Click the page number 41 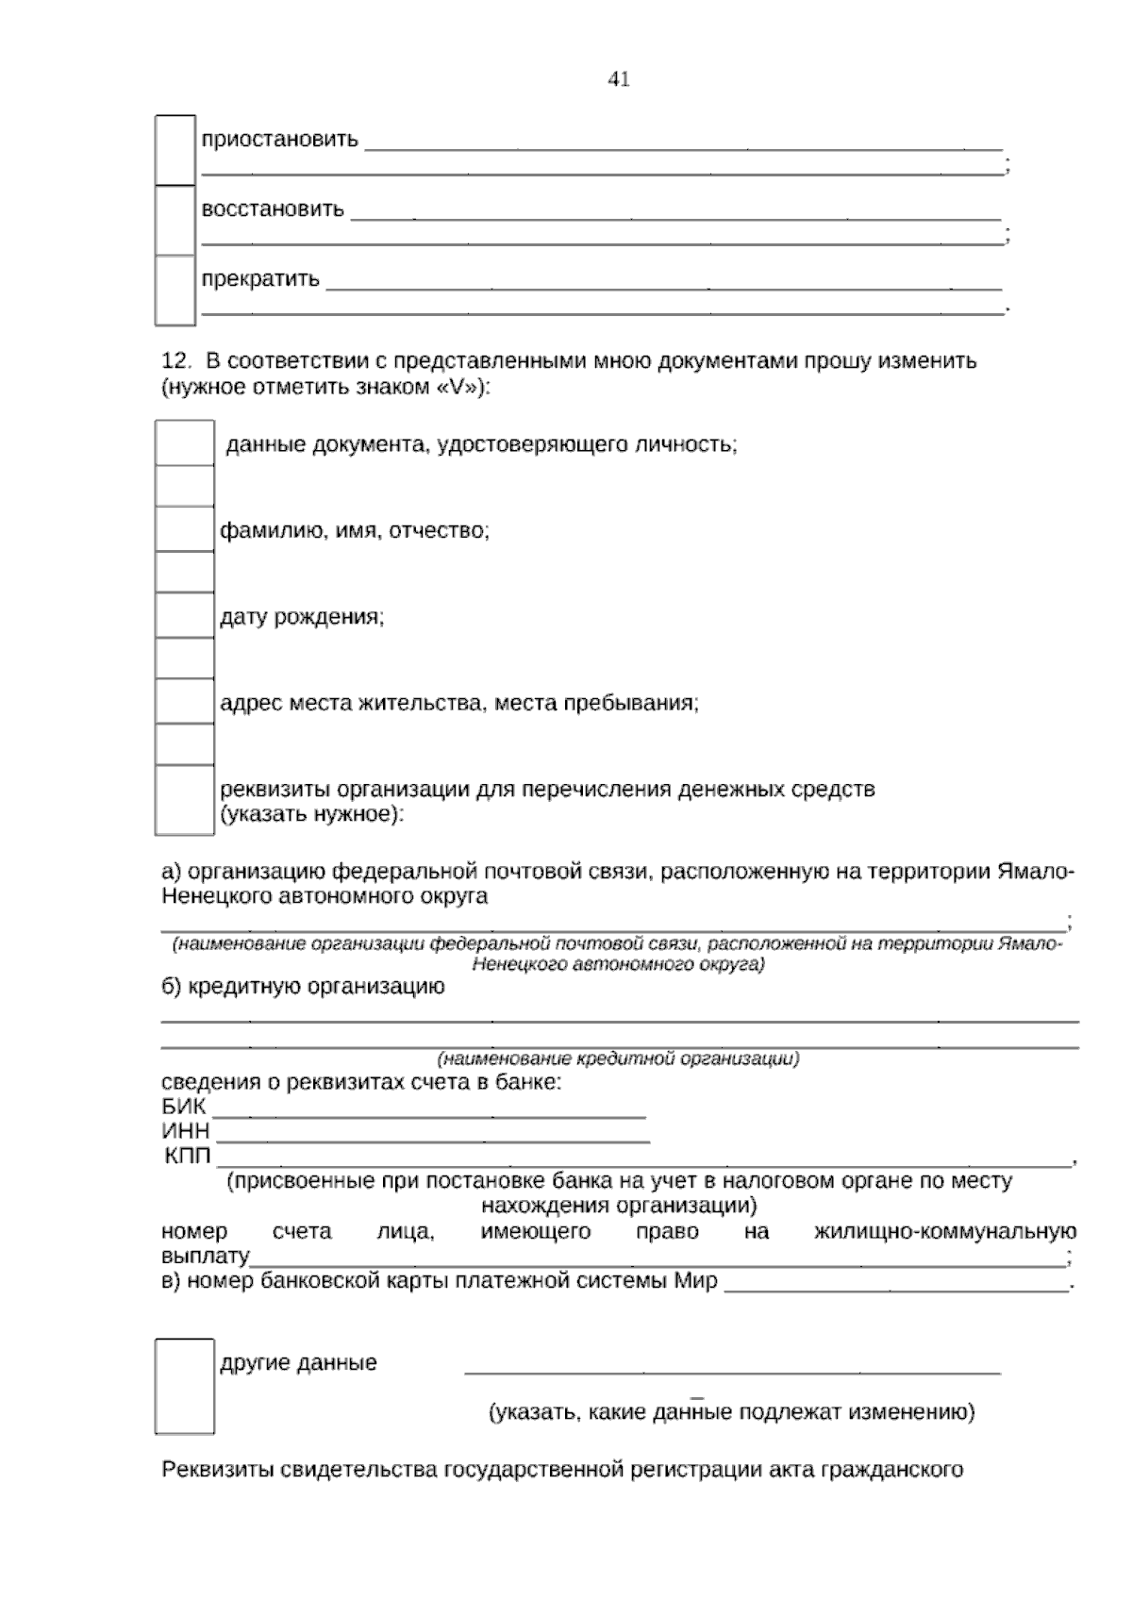tap(619, 79)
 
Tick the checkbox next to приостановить tap(175, 150)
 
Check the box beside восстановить tap(175, 220)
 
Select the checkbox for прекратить tap(175, 290)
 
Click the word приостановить tap(279, 140)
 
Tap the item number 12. tap(176, 361)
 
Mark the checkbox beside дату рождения tap(185, 616)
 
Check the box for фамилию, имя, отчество tap(185, 529)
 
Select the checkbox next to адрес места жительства tap(185, 702)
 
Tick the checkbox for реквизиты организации tap(185, 800)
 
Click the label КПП tap(189, 1157)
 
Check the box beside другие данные tap(185, 1386)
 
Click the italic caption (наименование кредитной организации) tap(618, 1059)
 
